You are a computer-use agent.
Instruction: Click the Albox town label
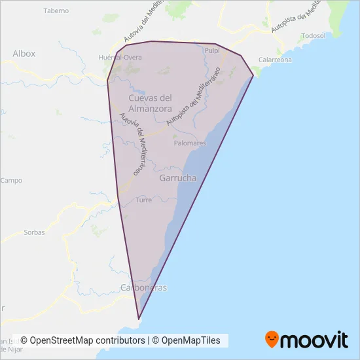click(x=24, y=53)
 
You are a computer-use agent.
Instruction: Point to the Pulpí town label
click(x=211, y=50)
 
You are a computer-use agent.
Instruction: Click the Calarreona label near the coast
click(x=274, y=60)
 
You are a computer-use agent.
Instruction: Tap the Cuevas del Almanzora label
click(x=150, y=103)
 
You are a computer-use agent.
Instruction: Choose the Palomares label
click(x=190, y=143)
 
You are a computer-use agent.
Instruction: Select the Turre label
click(x=144, y=200)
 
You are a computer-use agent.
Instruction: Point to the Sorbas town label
click(x=34, y=232)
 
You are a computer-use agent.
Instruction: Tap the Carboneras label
click(x=145, y=288)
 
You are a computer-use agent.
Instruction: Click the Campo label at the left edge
click(x=11, y=180)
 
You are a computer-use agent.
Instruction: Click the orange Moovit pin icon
click(x=272, y=340)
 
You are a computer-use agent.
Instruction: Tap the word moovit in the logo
click(x=315, y=340)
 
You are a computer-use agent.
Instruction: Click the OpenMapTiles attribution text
click(x=192, y=340)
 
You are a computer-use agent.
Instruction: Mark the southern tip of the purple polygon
click(x=139, y=319)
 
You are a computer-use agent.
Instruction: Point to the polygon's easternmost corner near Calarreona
click(x=253, y=77)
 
